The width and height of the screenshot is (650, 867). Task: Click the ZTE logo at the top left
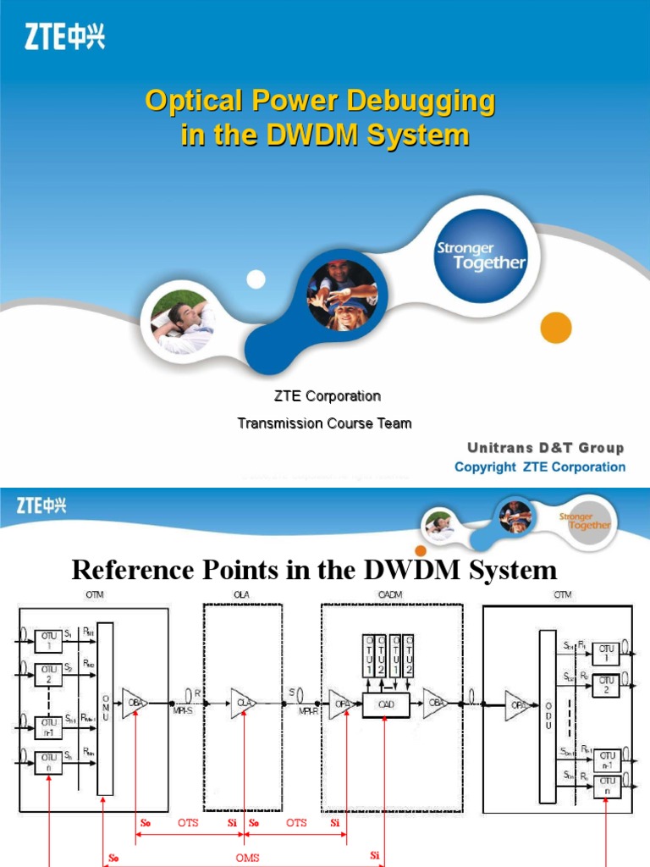click(64, 37)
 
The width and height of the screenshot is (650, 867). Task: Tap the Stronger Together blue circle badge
click(480, 255)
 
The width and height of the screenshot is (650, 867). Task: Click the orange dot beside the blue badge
click(555, 328)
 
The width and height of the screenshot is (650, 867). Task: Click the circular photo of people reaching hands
click(341, 295)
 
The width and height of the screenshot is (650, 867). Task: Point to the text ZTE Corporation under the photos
click(327, 395)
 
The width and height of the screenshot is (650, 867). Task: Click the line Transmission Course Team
click(324, 422)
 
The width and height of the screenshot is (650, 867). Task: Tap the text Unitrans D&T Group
click(545, 448)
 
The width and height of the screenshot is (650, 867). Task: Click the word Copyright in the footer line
click(484, 467)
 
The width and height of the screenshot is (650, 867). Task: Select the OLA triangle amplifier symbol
click(242, 702)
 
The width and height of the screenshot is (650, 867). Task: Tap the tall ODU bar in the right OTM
click(546, 705)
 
